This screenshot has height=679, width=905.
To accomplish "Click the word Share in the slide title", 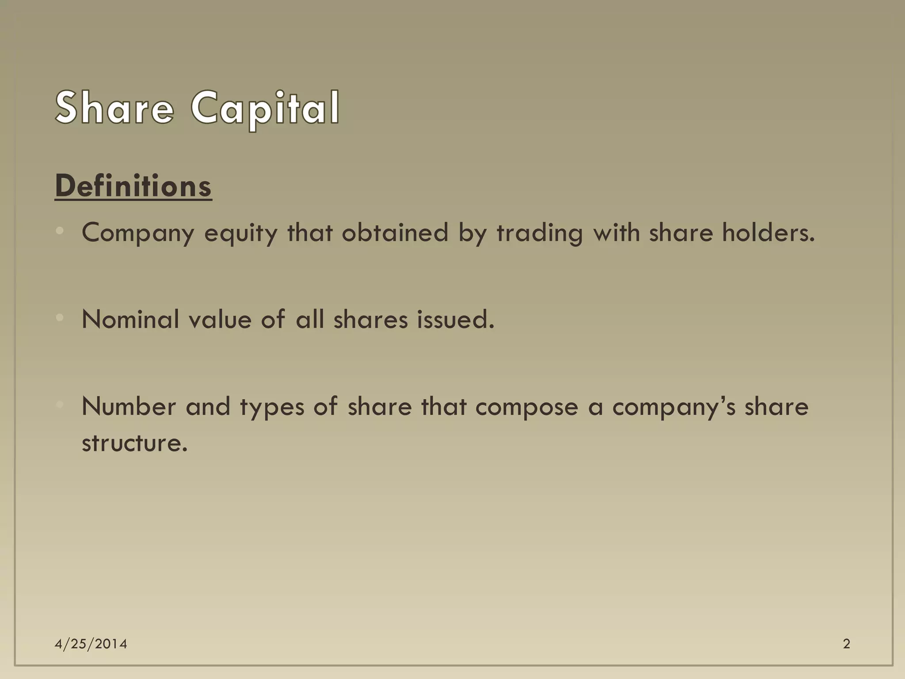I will pos(115,107).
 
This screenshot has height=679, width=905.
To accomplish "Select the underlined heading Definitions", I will pos(133,186).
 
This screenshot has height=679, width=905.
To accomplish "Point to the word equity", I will pos(241,233).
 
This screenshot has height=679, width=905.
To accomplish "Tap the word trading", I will pos(540,233).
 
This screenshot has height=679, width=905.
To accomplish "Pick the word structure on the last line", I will pos(134,442).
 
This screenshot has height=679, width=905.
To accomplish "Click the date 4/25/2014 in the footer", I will pos(91,644).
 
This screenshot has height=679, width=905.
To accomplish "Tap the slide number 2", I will pos(846,644).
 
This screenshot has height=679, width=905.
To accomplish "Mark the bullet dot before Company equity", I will pos(61,230).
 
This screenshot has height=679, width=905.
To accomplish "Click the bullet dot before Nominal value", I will pos(61,317).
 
